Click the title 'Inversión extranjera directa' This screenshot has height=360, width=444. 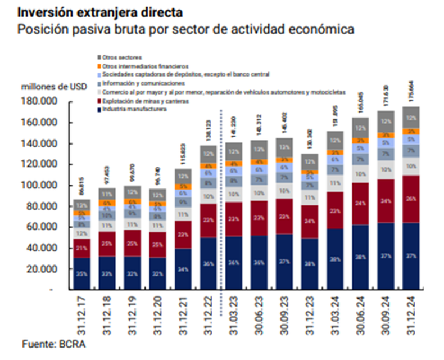[98, 11]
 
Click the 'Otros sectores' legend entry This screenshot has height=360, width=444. [123, 57]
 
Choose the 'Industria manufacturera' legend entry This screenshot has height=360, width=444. [134, 109]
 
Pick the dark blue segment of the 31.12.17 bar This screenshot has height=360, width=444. [81, 273]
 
